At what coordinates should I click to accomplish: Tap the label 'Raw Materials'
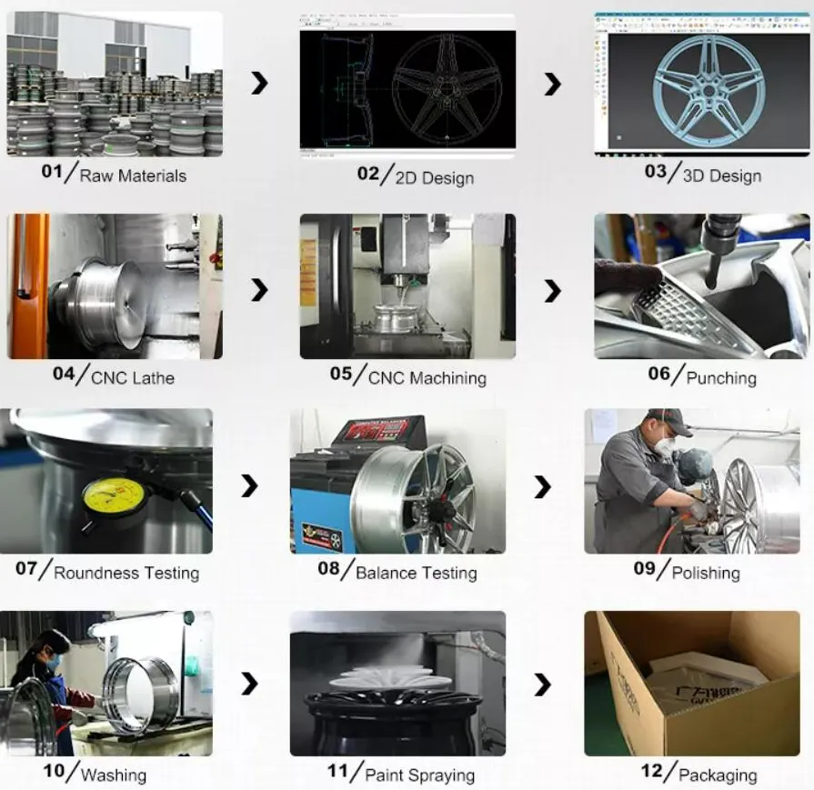tap(133, 175)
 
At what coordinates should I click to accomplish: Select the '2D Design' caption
tap(434, 177)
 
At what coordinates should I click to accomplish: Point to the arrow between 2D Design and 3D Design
tap(552, 85)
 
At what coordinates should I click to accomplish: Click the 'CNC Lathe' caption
tap(133, 377)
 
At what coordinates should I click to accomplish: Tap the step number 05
tap(341, 374)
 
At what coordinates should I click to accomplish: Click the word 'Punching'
tap(721, 377)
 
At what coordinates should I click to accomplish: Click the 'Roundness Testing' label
tap(126, 573)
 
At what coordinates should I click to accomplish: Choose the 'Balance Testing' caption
tap(417, 573)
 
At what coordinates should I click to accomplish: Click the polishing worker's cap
tap(669, 418)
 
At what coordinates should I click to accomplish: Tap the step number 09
tap(645, 569)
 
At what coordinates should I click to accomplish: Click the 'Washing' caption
tap(114, 775)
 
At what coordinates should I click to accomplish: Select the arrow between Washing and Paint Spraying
tap(250, 685)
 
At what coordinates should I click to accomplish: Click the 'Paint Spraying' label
tap(419, 775)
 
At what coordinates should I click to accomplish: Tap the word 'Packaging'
tap(718, 775)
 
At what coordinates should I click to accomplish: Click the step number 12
tap(652, 771)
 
